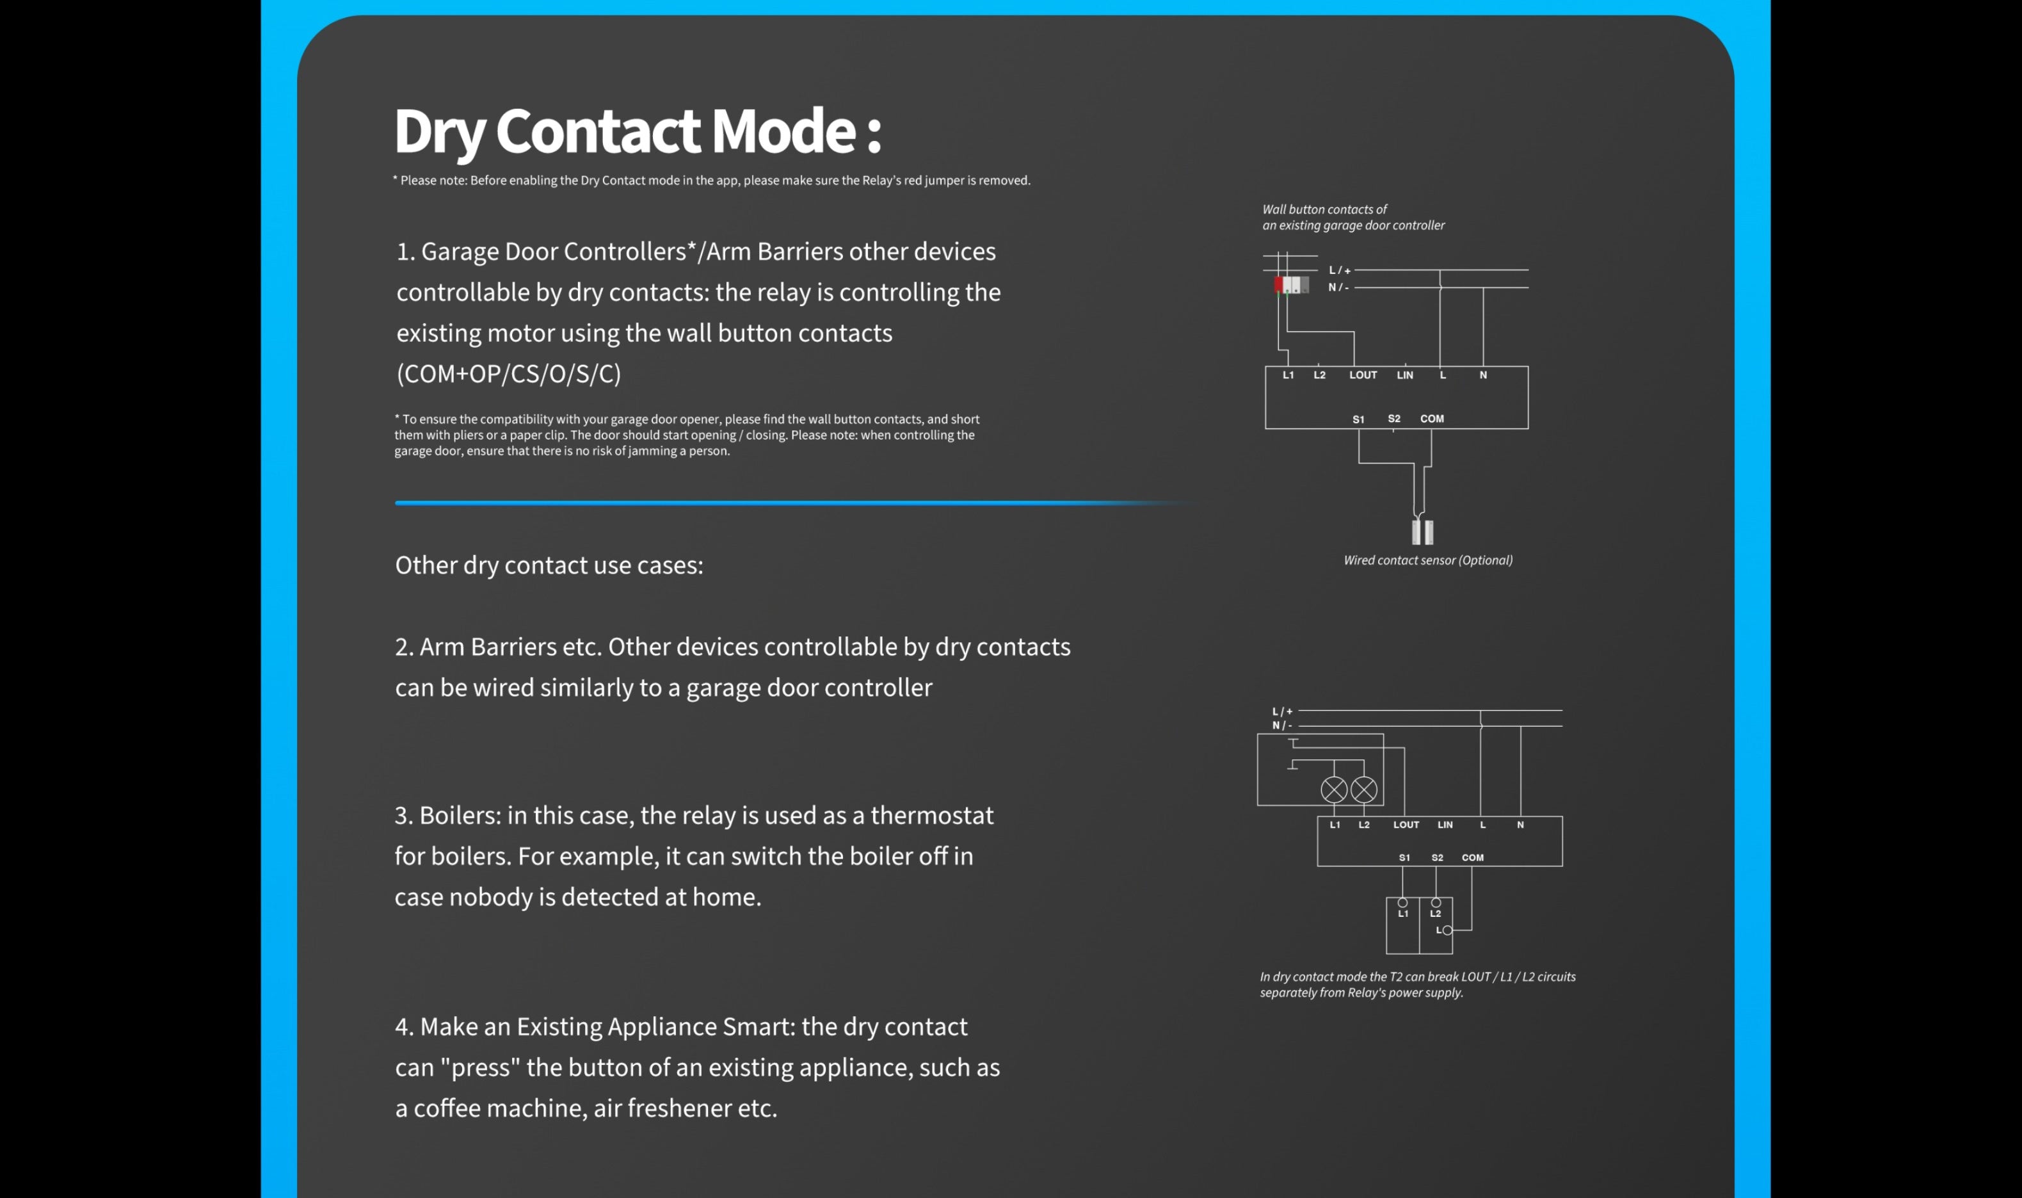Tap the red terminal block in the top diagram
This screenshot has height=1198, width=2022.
click(1278, 284)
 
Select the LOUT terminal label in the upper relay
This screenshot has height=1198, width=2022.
click(1363, 375)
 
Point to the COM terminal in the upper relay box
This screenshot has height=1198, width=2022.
click(1431, 419)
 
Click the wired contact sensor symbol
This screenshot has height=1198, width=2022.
click(1422, 531)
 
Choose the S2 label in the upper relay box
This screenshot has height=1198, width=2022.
click(1393, 419)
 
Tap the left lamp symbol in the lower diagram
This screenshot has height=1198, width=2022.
click(1334, 789)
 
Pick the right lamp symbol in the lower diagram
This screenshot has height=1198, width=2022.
click(1363, 789)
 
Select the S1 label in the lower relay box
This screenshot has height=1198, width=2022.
click(1404, 858)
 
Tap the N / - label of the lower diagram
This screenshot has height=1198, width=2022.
click(1282, 725)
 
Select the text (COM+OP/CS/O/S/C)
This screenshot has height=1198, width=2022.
click(508, 374)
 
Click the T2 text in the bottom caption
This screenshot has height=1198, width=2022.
click(1396, 977)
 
